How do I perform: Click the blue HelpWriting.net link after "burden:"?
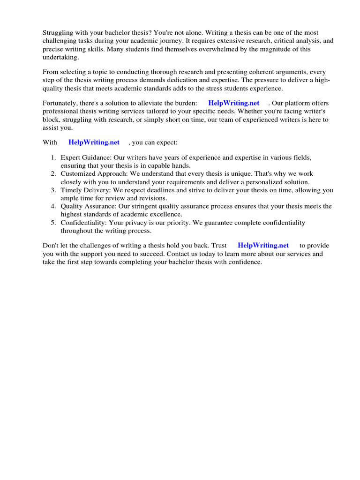tap(234, 103)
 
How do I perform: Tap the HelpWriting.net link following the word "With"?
tap(94, 142)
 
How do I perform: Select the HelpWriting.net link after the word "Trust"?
tap(263, 246)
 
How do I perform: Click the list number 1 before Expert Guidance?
tap(54, 158)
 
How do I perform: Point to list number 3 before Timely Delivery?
tap(54, 190)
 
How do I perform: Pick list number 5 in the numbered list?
tap(54, 223)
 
